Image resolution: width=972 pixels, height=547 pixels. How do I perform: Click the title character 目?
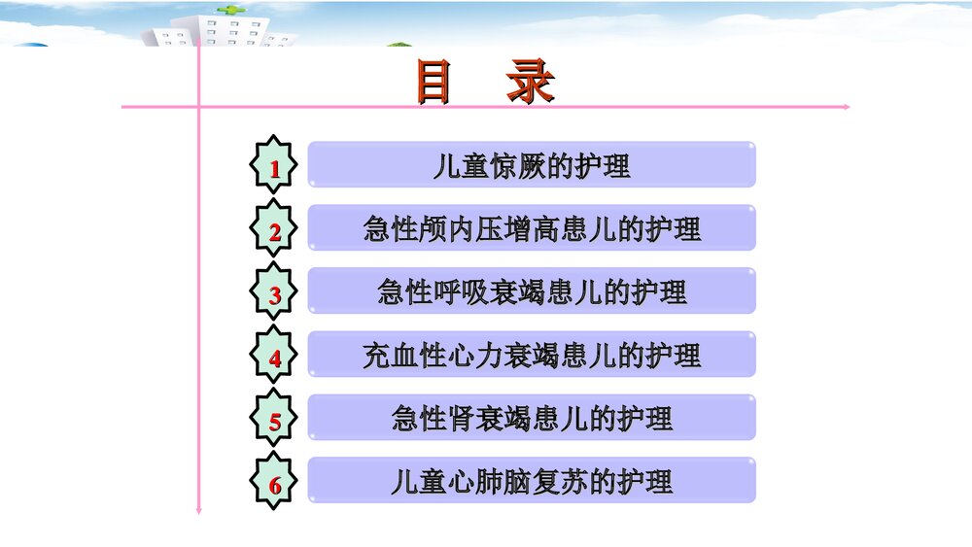tap(434, 83)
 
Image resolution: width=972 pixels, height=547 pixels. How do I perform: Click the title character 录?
tap(530, 83)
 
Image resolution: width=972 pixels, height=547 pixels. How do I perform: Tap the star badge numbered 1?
tap(275, 166)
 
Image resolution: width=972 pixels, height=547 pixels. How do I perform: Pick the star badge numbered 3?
tap(275, 292)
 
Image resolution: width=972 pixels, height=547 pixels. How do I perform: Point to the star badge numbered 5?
tap(275, 420)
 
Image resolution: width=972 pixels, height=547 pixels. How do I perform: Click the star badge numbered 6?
tap(275, 483)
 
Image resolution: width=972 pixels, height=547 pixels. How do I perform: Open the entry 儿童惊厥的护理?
tap(532, 165)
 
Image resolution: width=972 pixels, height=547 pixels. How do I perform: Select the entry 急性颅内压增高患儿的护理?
tap(532, 228)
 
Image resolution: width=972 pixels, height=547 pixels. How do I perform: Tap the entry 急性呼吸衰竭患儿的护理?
tap(532, 291)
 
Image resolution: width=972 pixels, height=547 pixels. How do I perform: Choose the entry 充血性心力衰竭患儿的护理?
tap(532, 355)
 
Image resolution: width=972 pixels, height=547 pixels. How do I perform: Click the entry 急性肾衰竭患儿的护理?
tap(532, 419)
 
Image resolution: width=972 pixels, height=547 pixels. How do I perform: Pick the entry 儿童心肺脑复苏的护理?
tap(532, 482)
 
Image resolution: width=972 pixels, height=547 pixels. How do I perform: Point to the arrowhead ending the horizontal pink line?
tap(847, 106)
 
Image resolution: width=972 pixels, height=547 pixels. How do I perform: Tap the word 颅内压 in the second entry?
tap(446, 229)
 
